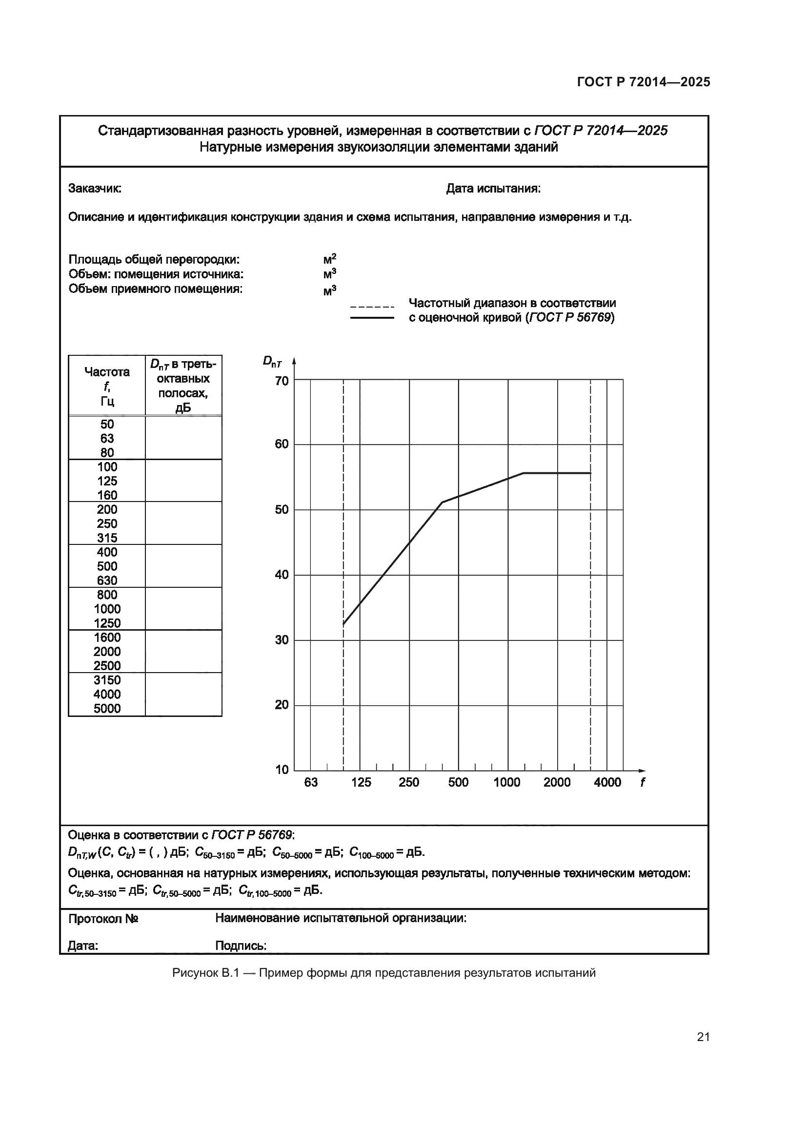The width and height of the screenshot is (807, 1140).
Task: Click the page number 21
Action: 703,1037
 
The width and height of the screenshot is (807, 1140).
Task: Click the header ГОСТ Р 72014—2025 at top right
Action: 643,82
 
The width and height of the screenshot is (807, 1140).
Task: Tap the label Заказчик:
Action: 95,189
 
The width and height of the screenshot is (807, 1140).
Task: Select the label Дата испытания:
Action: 493,189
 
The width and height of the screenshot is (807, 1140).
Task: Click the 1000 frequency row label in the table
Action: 107,609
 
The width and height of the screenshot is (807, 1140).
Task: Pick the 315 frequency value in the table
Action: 107,538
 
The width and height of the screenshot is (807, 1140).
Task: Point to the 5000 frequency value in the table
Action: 107,709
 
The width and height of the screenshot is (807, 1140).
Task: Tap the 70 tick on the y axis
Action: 282,381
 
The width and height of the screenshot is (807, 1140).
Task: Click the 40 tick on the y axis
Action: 282,575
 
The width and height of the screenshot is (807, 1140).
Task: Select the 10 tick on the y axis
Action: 282,770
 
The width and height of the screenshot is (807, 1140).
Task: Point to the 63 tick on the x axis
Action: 311,783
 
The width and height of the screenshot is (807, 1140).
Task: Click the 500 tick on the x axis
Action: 458,783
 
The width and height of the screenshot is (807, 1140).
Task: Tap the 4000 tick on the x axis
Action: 607,783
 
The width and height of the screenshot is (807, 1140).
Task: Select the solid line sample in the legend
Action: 372,318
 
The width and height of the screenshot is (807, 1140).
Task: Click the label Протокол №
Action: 103,919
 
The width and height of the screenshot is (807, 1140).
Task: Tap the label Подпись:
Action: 241,946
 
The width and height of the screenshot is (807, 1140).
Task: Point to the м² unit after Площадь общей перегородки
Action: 329,259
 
